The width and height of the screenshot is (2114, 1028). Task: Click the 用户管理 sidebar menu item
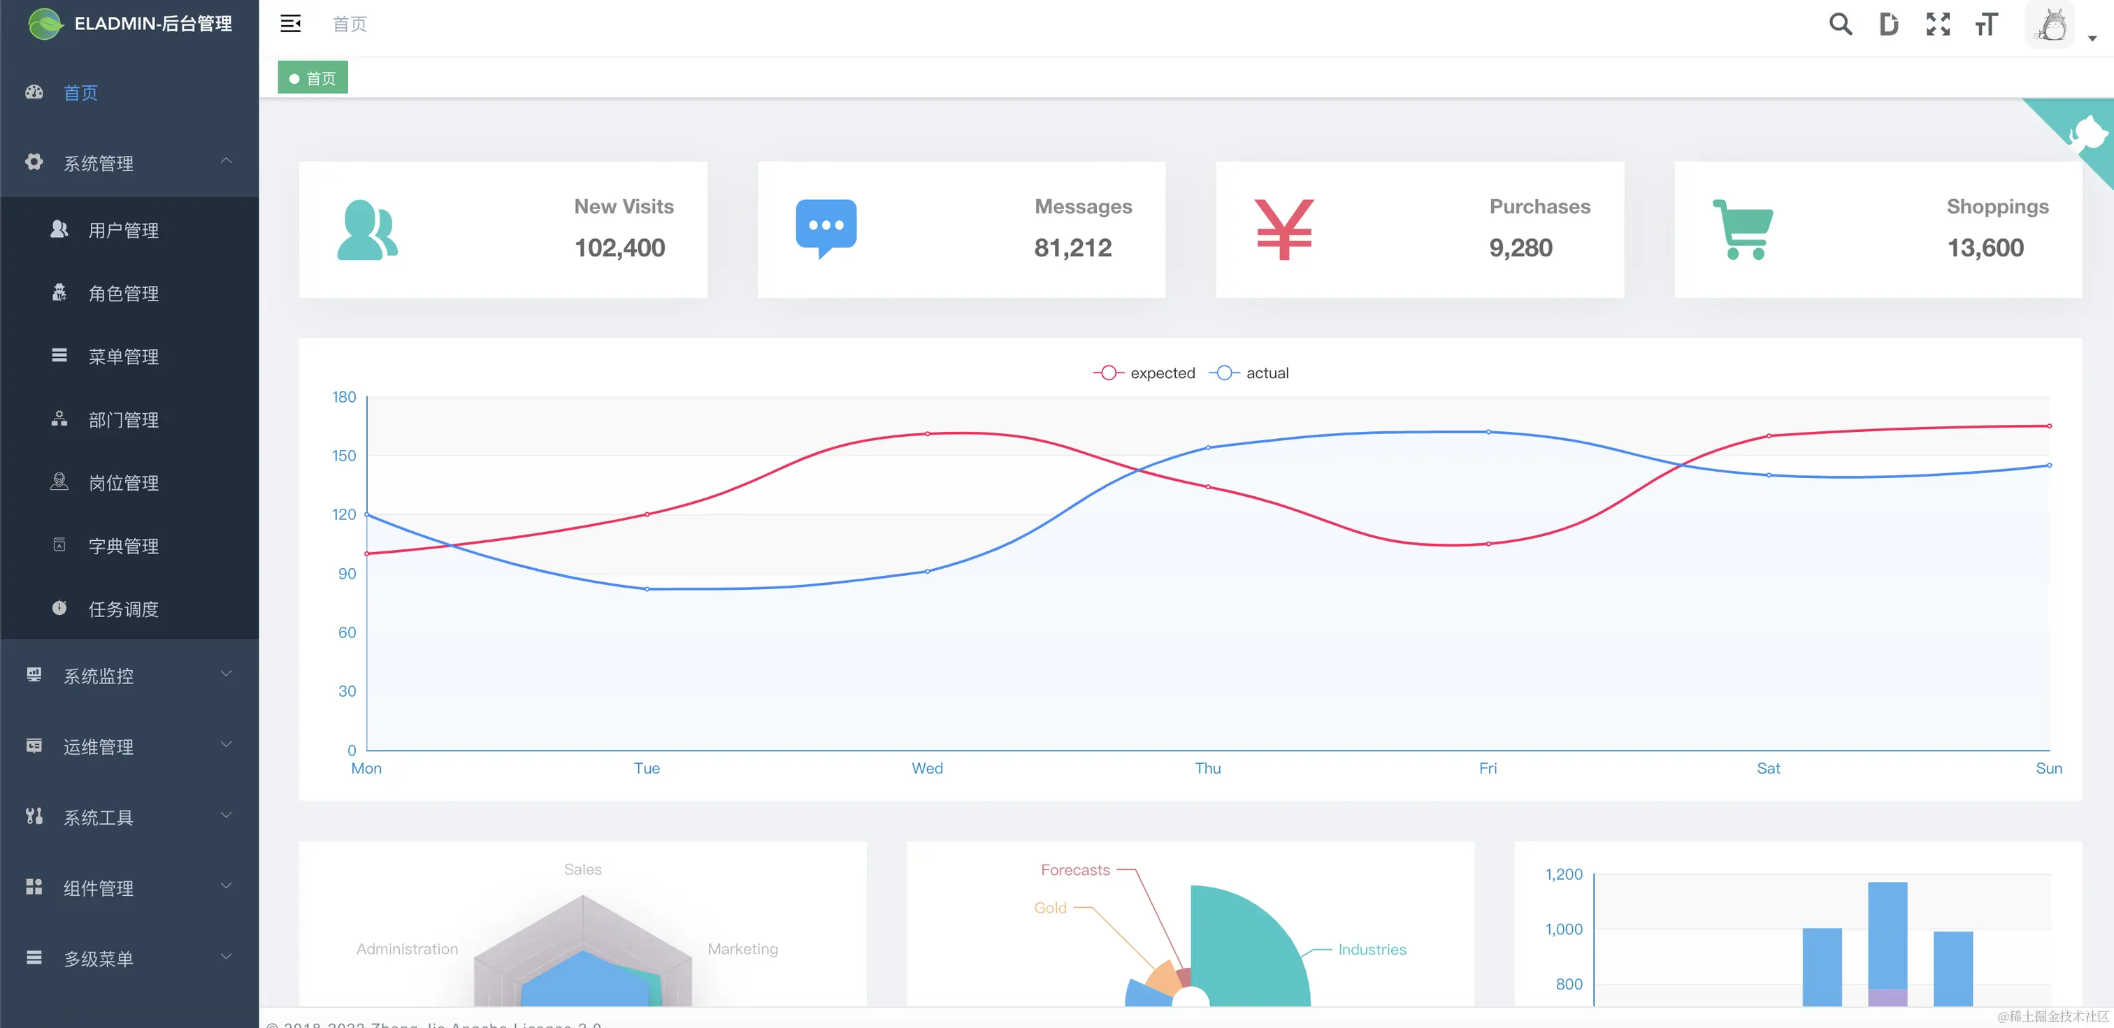123,231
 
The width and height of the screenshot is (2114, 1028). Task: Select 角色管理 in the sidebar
123,294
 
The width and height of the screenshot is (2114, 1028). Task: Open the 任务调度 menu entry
123,609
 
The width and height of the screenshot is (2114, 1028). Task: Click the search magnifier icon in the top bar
1840,24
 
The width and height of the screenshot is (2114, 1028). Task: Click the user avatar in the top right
2052,25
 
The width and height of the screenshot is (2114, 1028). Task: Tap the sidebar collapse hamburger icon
291,24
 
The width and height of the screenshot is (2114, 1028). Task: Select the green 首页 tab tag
312,78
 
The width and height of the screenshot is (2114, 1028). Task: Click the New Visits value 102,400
619,248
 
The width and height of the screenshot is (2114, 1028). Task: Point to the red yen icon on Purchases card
1284,230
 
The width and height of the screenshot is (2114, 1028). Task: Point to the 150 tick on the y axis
344,456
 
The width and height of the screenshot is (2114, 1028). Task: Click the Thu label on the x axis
1208,768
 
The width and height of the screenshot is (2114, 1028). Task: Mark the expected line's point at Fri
1488,544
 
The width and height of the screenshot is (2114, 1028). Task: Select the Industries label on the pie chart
1372,949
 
